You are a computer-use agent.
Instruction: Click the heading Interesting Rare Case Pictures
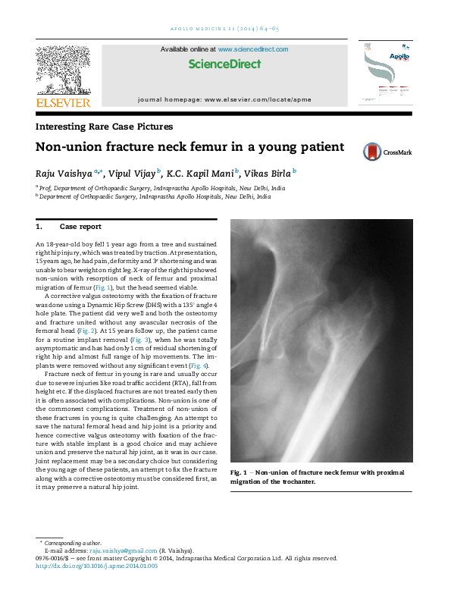coord(104,127)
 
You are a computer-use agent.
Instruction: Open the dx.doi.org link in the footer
coord(96,566)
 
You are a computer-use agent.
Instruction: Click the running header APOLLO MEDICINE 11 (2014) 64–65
coord(224,29)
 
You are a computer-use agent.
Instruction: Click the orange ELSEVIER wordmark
coord(63,102)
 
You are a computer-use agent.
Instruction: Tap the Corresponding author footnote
coord(73,543)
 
